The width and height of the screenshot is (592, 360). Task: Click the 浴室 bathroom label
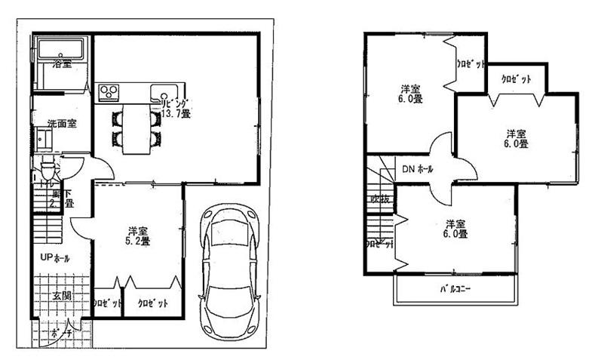(62, 65)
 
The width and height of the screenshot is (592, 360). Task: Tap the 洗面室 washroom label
(60, 123)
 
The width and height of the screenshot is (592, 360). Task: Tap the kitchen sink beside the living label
(161, 94)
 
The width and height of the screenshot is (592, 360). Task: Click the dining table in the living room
(136, 127)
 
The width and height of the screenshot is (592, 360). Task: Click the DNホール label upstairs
(417, 169)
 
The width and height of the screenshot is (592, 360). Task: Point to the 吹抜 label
(378, 199)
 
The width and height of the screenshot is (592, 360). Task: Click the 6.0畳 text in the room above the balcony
(456, 234)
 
